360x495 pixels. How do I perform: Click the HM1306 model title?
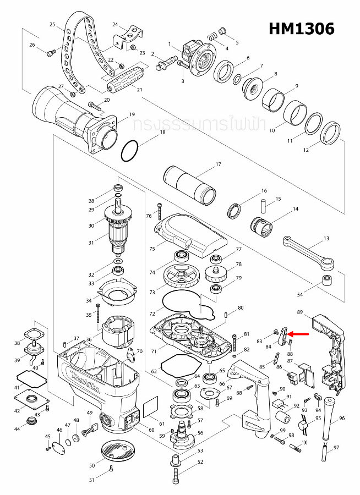pyautogui.click(x=301, y=29)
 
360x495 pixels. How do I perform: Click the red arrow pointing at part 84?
pyautogui.click(x=300, y=333)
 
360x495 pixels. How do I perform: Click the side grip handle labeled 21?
pyautogui.click(x=124, y=83)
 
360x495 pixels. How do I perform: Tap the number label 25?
pyautogui.click(x=53, y=25)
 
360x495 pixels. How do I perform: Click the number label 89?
pyautogui.click(x=300, y=312)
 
